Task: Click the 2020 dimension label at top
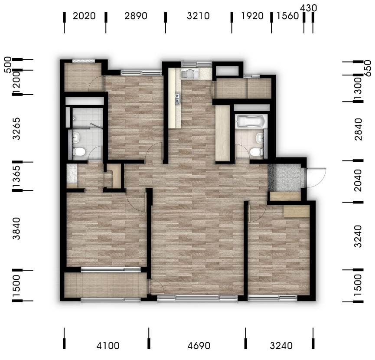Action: click(x=84, y=16)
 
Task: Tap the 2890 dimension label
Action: click(x=136, y=16)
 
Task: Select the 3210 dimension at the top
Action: click(x=198, y=16)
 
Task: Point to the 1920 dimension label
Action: click(x=252, y=16)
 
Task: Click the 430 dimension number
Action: click(x=309, y=8)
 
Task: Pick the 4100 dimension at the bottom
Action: click(x=108, y=346)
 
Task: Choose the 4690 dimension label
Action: click(x=199, y=346)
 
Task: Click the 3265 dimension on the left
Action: click(x=16, y=129)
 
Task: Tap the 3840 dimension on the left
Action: click(x=16, y=229)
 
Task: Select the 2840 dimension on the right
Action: click(x=359, y=129)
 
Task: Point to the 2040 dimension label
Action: click(x=359, y=180)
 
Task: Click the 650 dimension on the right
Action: click(x=368, y=69)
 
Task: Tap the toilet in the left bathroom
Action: click(x=78, y=152)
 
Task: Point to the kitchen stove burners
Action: click(x=177, y=98)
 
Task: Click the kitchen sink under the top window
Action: click(x=189, y=73)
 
